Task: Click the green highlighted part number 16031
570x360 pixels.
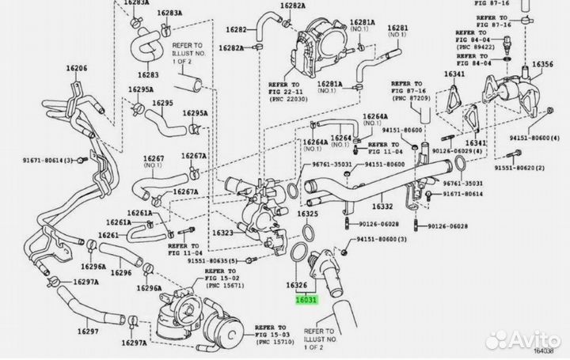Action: (307, 300)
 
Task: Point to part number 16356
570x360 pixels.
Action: (542, 64)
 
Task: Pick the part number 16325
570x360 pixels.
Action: (307, 214)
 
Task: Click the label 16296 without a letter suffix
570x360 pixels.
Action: (121, 273)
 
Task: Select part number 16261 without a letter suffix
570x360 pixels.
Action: (108, 236)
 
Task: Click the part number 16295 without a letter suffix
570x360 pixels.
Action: (162, 103)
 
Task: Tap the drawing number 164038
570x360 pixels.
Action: (552, 352)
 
